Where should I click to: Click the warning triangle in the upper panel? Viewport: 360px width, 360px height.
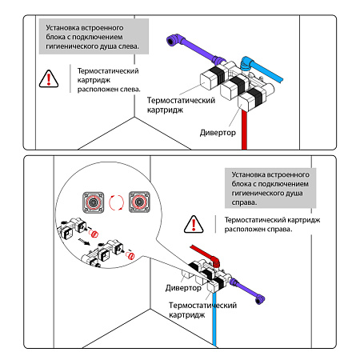tap(49, 79)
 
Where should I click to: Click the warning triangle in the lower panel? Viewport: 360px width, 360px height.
tap(194, 225)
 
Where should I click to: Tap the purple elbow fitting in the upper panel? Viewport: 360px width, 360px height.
tap(174, 40)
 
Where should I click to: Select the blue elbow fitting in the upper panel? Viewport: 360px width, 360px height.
tap(246, 63)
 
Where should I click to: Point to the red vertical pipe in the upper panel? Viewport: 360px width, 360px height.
tap(244, 130)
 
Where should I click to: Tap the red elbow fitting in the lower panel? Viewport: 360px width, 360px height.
tap(215, 261)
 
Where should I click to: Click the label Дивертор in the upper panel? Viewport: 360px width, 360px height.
tap(218, 133)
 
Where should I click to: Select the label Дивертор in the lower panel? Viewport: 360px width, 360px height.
tap(183, 288)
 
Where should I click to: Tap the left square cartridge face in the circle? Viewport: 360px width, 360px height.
tap(93, 202)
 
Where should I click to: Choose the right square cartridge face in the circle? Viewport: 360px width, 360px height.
tap(139, 202)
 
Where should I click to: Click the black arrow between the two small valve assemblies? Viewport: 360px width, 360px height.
tap(84, 242)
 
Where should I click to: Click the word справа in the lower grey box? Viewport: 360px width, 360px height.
tap(244, 202)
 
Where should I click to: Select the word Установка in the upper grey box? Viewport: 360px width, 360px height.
tap(62, 28)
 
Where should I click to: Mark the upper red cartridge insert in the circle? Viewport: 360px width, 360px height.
tap(94, 234)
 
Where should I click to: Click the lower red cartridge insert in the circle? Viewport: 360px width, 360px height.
tap(130, 256)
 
